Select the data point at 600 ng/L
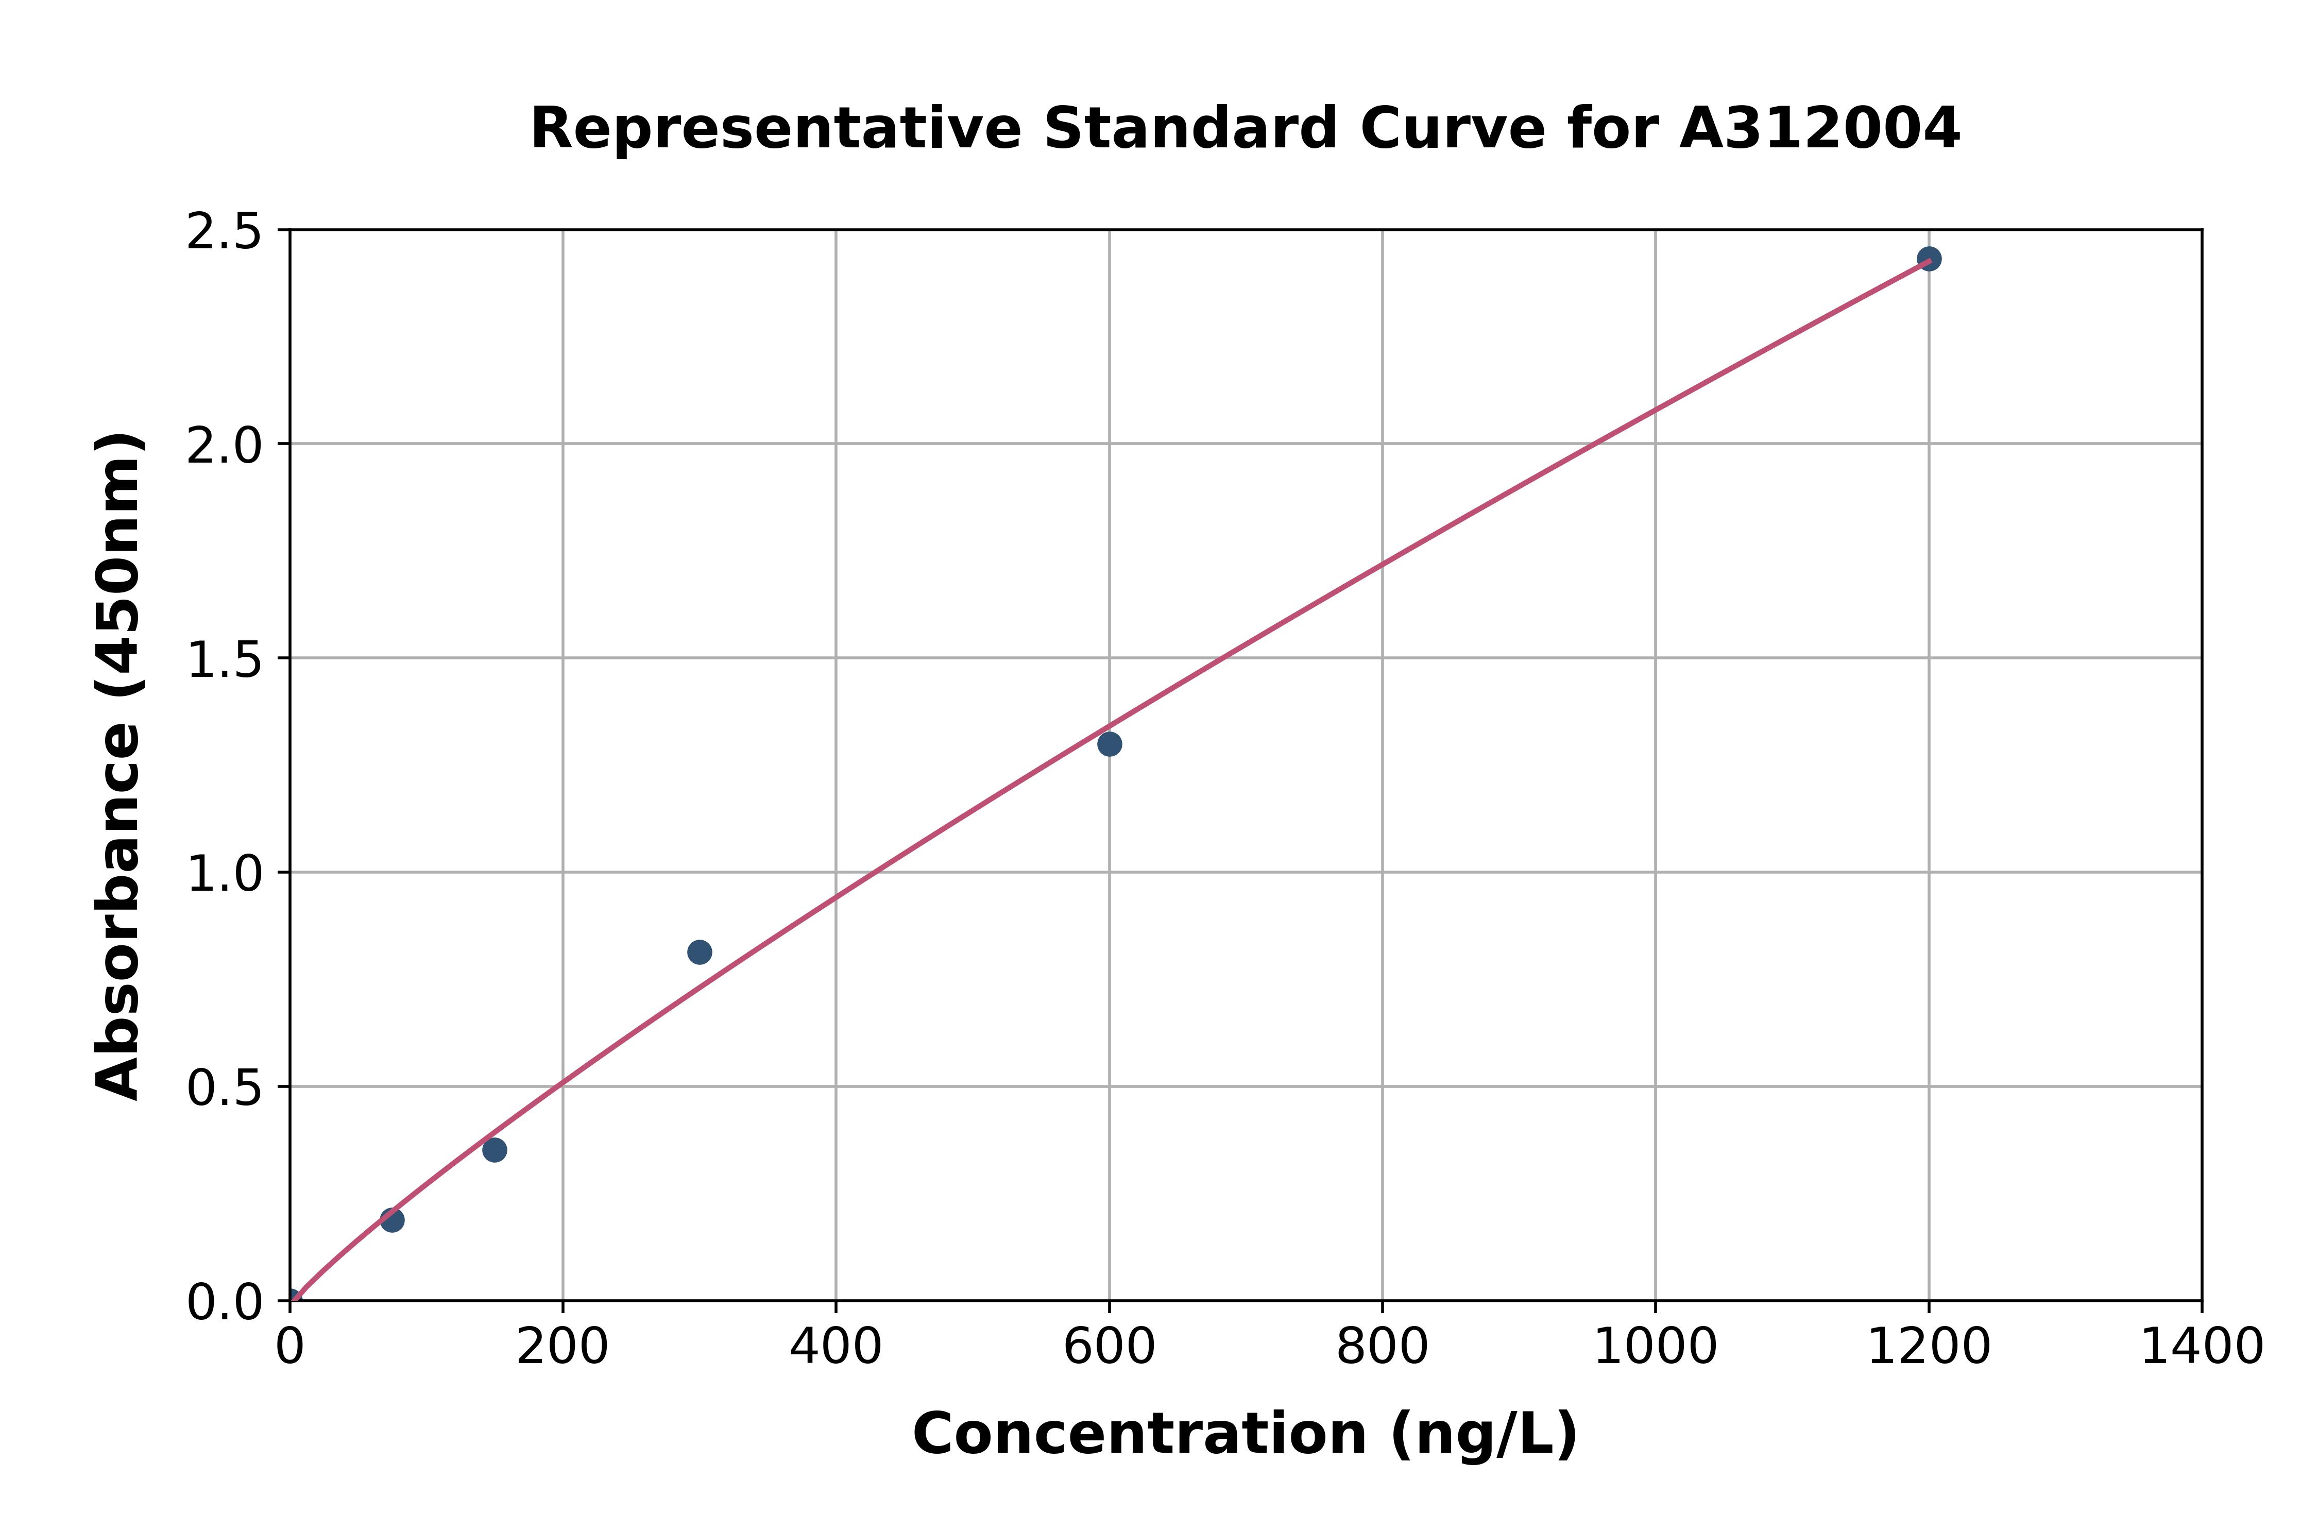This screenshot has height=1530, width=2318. (1109, 743)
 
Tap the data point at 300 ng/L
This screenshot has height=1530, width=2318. (700, 951)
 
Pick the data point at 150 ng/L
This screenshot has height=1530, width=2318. (495, 1149)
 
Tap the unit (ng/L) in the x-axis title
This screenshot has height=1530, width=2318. (1483, 1434)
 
